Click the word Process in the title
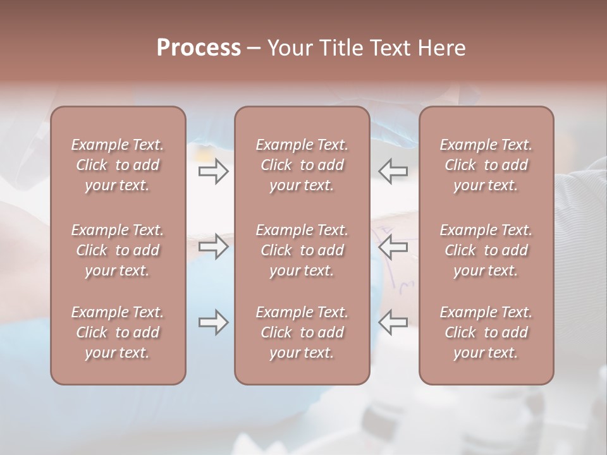(199, 48)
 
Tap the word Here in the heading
(442, 48)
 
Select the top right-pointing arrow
(214, 171)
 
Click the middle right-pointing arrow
(214, 246)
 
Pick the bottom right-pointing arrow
(214, 322)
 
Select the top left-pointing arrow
(393, 171)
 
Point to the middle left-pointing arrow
(393, 246)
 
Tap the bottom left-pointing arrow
(393, 322)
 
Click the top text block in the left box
(118, 165)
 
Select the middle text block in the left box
(118, 250)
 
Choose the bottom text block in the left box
(118, 332)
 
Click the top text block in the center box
(302, 165)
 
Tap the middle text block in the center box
(302, 250)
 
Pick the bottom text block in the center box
(302, 332)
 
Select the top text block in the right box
(486, 165)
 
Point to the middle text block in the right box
(486, 250)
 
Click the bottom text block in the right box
(486, 332)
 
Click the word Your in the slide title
(288, 48)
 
